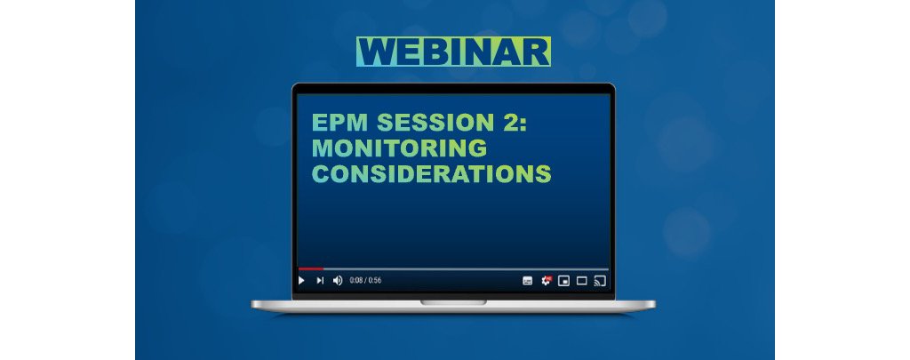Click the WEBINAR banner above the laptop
pyautogui.click(x=453, y=52)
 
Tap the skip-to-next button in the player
pyautogui.click(x=320, y=280)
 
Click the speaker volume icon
pyautogui.click(x=337, y=280)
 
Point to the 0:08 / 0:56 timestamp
pyautogui.click(x=365, y=280)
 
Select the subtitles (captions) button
pyautogui.click(x=527, y=280)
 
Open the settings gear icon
pyautogui.click(x=547, y=280)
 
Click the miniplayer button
pyautogui.click(x=563, y=280)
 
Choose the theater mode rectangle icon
pyautogui.click(x=581, y=280)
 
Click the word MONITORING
pyautogui.click(x=399, y=148)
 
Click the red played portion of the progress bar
pyautogui.click(x=309, y=268)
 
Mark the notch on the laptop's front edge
pyautogui.click(x=453, y=302)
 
